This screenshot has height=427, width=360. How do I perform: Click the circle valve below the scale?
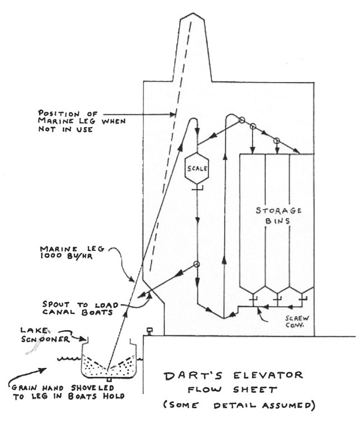click(196, 264)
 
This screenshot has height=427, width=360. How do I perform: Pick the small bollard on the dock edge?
click(150, 331)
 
